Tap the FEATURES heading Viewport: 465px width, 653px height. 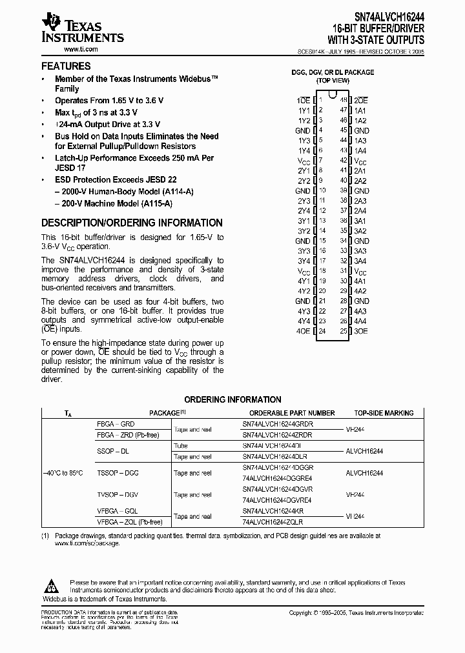[66, 66]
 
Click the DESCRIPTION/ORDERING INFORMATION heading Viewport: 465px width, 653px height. [132, 223]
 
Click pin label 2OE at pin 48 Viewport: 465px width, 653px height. [361, 101]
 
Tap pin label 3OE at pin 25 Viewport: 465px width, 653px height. [361, 331]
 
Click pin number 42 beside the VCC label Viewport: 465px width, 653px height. [344, 161]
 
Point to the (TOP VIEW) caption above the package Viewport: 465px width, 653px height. [333, 81]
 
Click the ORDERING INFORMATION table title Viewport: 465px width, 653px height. [232, 400]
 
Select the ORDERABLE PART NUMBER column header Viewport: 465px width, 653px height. [292, 413]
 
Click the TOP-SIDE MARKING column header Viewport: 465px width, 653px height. [384, 413]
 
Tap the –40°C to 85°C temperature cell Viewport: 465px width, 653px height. [64, 473]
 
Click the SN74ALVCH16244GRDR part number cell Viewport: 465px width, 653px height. [277, 424]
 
